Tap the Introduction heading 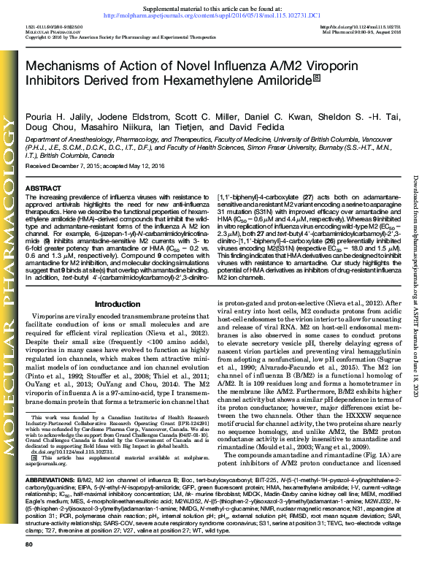click(x=118, y=283)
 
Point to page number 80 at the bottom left click(x=30, y=565)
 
